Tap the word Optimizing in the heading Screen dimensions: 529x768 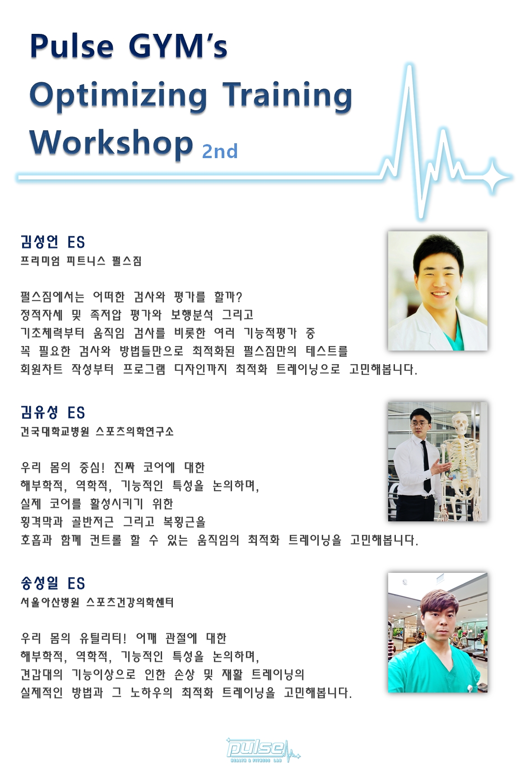[118, 96]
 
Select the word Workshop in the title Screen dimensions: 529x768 [111, 143]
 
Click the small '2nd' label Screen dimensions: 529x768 [220, 151]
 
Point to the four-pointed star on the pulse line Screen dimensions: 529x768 [492, 177]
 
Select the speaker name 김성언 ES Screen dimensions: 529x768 [53, 242]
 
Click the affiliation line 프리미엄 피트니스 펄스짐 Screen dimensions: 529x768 [81, 261]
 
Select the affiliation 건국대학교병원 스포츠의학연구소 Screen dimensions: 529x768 [97, 431]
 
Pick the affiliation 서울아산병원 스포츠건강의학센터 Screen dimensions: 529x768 [97, 602]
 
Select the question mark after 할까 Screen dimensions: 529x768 [239, 297]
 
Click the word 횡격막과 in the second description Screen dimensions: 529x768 [42, 522]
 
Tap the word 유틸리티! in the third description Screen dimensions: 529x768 [103, 638]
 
